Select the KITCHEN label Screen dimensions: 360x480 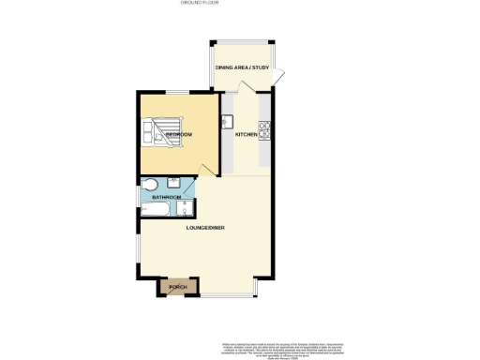pos(246,135)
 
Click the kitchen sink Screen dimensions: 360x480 pos(227,120)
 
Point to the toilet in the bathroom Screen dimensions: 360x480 pos(151,184)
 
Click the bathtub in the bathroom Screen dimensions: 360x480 pos(159,208)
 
